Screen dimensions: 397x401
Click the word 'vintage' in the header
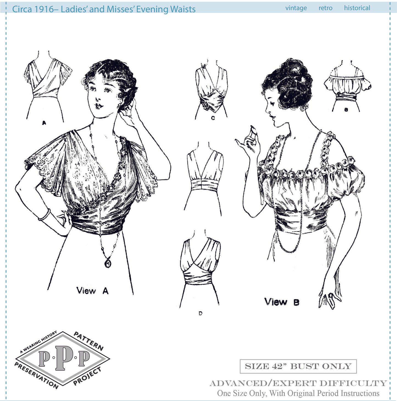(x=296, y=8)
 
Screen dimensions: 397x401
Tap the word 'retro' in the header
(x=325, y=8)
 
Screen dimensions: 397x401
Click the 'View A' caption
(x=92, y=290)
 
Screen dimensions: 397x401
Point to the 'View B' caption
(x=282, y=302)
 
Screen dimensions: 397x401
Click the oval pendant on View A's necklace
(x=108, y=263)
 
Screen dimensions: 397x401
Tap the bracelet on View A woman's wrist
(x=44, y=215)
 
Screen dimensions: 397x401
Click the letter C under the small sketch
(x=213, y=118)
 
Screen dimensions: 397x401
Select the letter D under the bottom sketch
(x=200, y=313)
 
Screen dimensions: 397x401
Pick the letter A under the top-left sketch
(x=44, y=123)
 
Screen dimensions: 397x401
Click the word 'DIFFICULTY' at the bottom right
(x=353, y=383)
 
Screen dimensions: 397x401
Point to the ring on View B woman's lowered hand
(x=331, y=295)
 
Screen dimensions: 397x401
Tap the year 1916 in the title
(x=43, y=9)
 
